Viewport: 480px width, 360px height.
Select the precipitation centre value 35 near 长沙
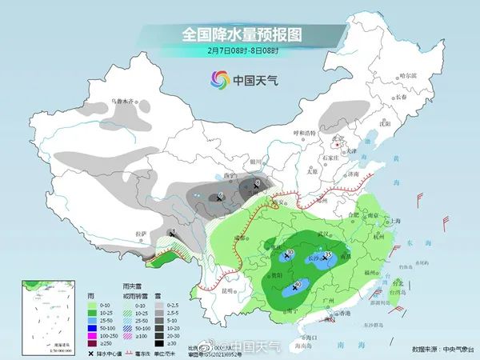point(329,254)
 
